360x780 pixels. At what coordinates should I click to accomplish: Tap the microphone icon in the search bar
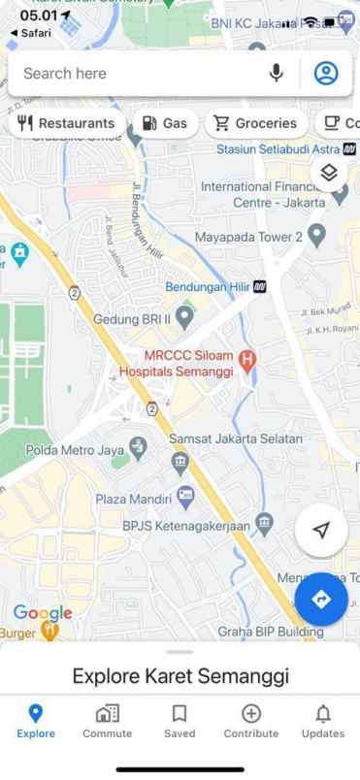coord(277,73)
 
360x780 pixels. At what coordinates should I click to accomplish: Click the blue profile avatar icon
coord(326,73)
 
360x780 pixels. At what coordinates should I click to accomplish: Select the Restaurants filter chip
coord(66,123)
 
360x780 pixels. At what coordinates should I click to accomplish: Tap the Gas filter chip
coord(164,123)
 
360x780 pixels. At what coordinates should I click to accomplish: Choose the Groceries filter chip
coord(255,123)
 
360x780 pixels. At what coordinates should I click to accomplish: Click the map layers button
coord(328,173)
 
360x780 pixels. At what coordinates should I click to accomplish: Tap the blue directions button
coord(322,600)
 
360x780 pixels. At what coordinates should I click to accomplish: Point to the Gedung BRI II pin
coord(184,317)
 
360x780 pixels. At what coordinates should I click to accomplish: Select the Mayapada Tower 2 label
coord(248,236)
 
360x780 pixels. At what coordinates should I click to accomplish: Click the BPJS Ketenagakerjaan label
coord(185,525)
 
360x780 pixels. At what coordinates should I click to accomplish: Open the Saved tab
coord(180,721)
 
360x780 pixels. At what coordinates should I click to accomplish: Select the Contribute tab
coord(250,721)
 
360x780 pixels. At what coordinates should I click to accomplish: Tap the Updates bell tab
coord(322,721)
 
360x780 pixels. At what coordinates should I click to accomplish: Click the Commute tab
coord(107,721)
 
